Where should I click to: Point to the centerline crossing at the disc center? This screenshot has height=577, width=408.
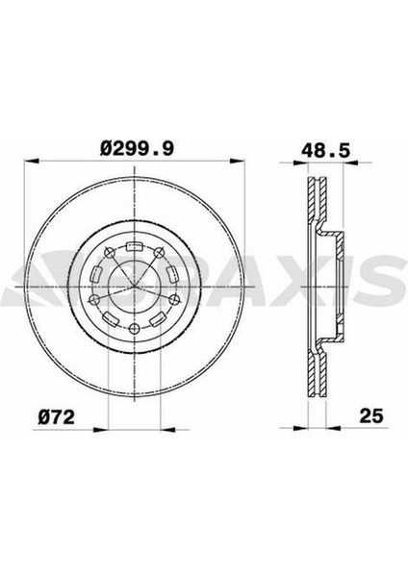136,288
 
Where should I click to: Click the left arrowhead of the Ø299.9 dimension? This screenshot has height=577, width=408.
29,161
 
